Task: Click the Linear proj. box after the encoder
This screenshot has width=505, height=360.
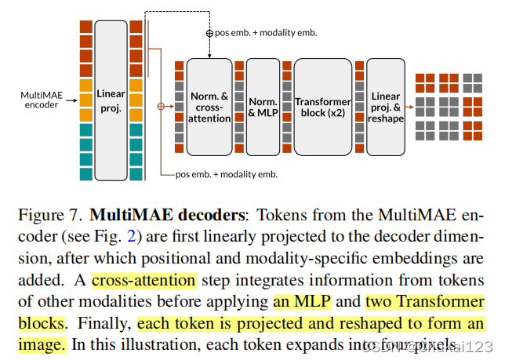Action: (x=111, y=100)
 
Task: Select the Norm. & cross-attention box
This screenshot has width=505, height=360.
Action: (x=209, y=107)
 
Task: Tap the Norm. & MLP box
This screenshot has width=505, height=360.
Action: (x=263, y=107)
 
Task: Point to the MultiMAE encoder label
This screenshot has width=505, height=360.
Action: (x=39, y=100)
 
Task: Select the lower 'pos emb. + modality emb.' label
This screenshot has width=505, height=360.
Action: (x=226, y=174)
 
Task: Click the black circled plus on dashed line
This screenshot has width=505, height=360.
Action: (x=209, y=33)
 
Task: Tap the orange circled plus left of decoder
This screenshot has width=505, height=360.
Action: (x=162, y=105)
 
